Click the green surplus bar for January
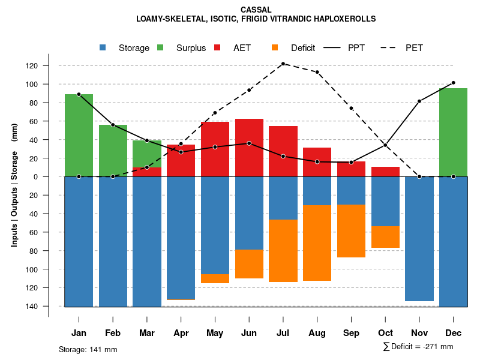(x=79, y=135)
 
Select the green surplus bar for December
(x=453, y=132)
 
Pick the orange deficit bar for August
(x=317, y=242)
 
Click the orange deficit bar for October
(x=385, y=237)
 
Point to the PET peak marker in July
(x=283, y=64)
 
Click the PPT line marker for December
(x=453, y=83)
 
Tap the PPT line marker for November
(x=419, y=101)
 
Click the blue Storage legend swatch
(x=103, y=47)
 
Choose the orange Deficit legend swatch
(x=275, y=47)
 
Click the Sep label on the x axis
(x=351, y=333)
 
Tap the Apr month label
(x=181, y=333)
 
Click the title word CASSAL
(x=256, y=10)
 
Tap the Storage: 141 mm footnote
(x=88, y=349)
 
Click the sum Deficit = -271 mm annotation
(x=418, y=347)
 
